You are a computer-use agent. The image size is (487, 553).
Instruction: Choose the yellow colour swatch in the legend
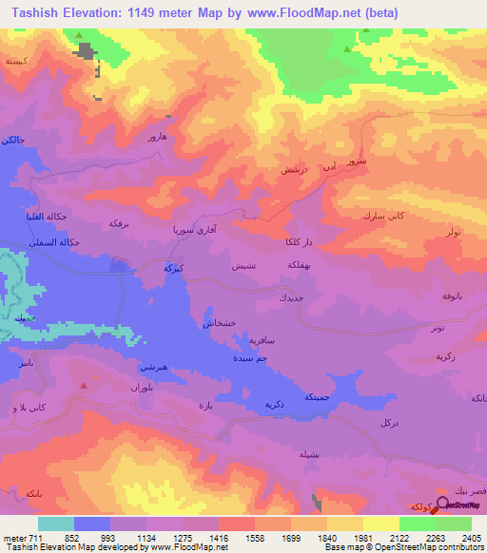(x=380, y=524)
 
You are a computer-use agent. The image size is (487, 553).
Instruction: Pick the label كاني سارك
(x=383, y=216)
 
